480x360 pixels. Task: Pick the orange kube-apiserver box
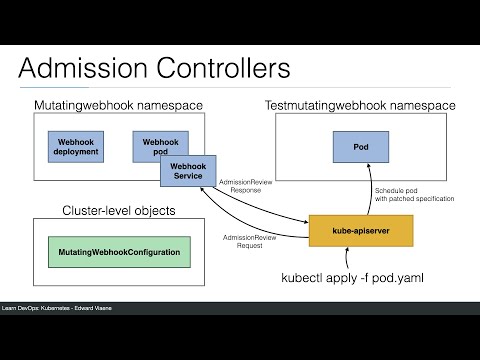click(x=359, y=229)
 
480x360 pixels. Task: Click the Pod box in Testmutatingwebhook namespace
click(x=360, y=146)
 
